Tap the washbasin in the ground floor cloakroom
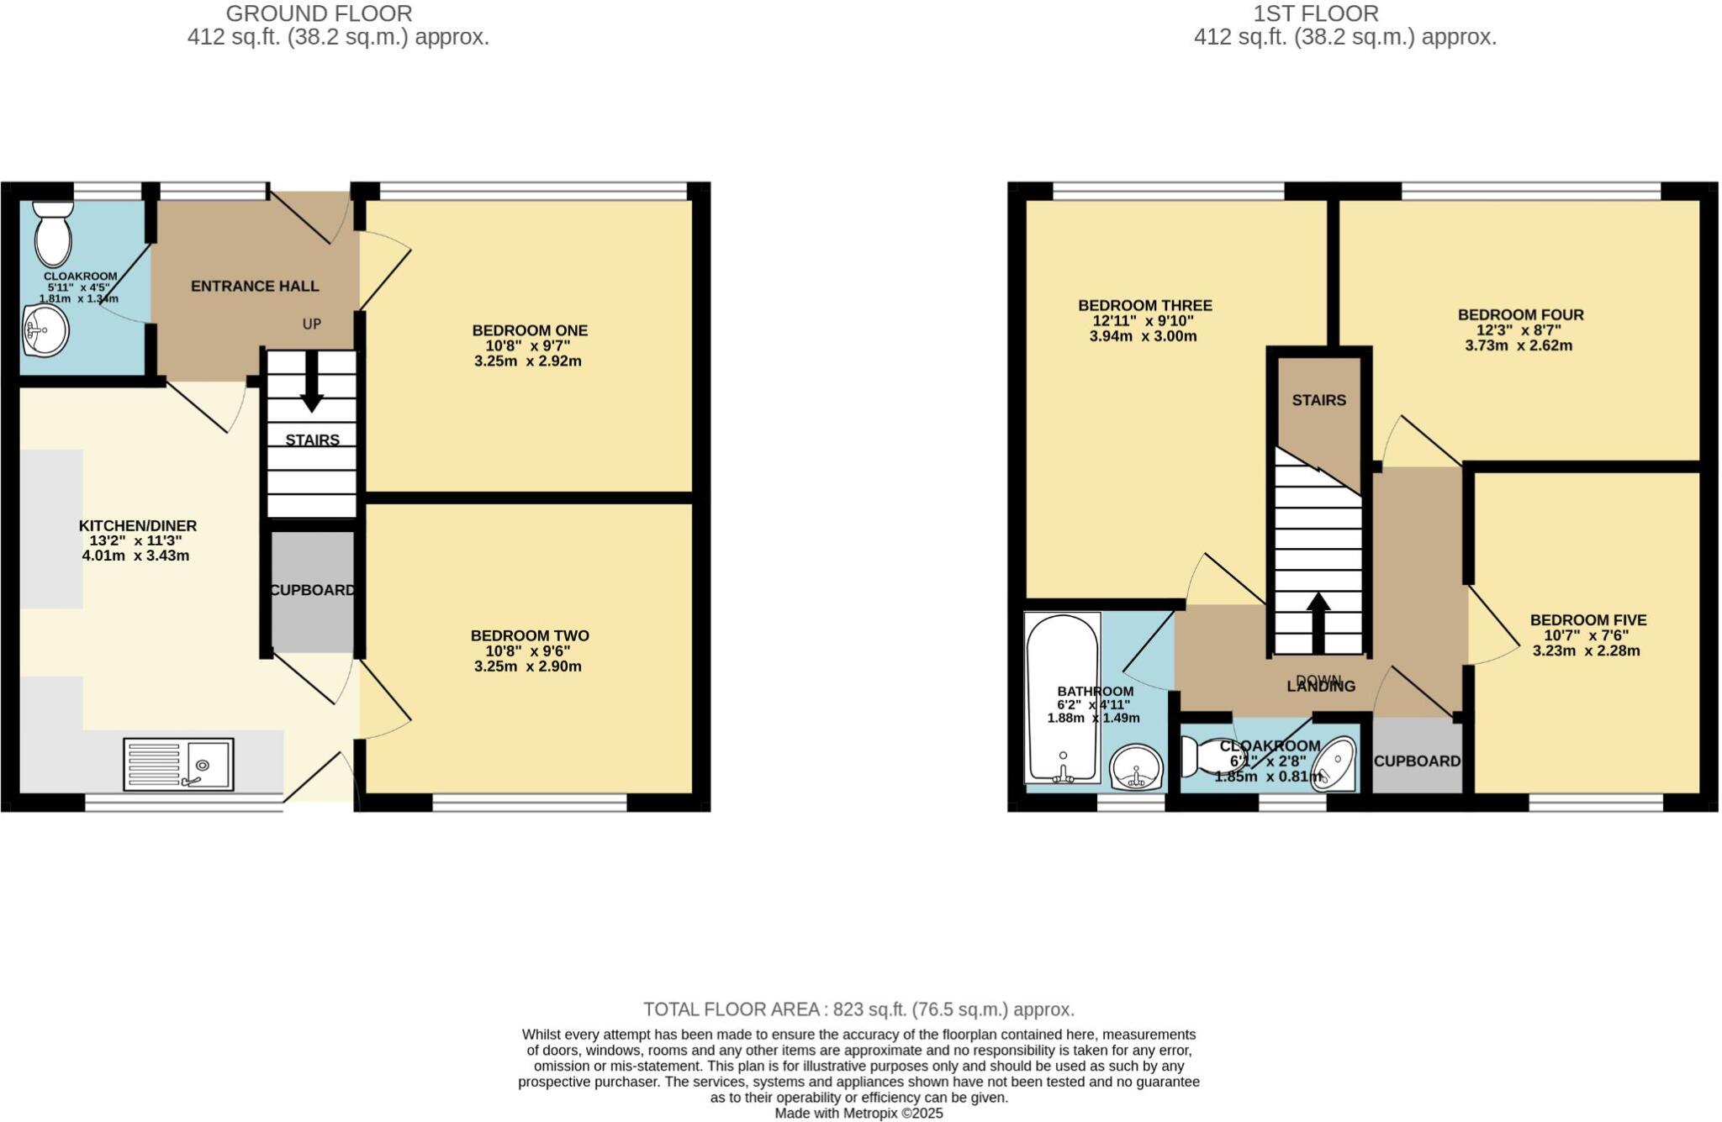click(46, 330)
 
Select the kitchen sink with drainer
click(178, 764)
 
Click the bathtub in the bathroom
click(1062, 698)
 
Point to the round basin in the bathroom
click(1136, 767)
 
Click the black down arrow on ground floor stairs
click(312, 383)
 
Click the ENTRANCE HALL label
click(255, 287)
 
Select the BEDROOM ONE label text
click(530, 331)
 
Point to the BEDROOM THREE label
click(1144, 306)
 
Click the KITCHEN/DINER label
click(138, 526)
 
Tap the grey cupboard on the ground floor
click(311, 591)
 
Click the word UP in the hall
click(312, 324)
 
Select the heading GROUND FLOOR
click(319, 14)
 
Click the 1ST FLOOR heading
click(1315, 14)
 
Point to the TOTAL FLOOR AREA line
click(858, 1009)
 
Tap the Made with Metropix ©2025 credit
click(858, 1114)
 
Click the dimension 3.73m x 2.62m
click(1519, 345)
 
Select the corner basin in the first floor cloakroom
click(1334, 764)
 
